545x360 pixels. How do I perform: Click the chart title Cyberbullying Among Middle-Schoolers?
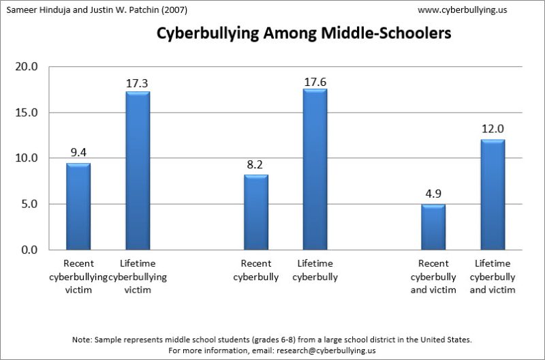304,33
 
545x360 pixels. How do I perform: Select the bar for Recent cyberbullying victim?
78,206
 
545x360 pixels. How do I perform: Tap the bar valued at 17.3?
138,170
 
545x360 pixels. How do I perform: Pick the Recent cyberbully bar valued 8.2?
256,212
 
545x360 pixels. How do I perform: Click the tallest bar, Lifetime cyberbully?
315,169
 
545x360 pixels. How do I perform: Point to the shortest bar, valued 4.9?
433,227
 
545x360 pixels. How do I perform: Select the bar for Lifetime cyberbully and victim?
493,194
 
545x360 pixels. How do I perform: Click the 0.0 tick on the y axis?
28,250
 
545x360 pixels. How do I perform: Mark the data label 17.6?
315,82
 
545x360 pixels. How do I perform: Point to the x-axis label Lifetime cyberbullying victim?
138,277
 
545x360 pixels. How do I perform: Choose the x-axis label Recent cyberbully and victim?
433,277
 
